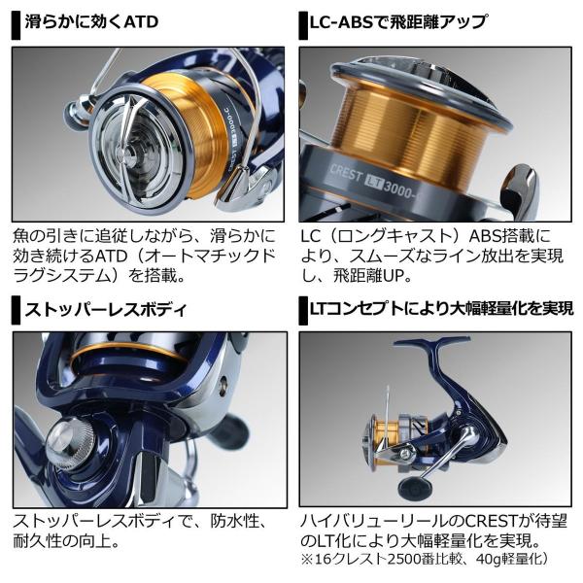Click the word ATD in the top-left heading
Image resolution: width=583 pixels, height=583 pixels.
click(141, 21)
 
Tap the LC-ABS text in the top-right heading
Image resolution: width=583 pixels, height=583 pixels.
click(342, 22)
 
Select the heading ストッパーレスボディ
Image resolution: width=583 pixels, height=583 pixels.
click(105, 309)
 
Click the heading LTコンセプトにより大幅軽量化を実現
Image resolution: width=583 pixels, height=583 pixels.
click(442, 309)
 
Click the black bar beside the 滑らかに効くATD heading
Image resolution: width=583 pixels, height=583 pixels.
click(16, 24)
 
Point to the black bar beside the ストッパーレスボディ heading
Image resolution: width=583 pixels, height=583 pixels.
click(16, 311)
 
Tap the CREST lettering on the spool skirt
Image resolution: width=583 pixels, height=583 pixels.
click(346, 173)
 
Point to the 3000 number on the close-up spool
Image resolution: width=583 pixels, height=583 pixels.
click(397, 189)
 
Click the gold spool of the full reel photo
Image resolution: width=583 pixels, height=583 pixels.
click(386, 441)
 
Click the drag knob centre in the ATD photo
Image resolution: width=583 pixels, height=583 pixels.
click(130, 153)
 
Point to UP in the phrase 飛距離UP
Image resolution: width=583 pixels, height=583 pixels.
click(394, 276)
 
